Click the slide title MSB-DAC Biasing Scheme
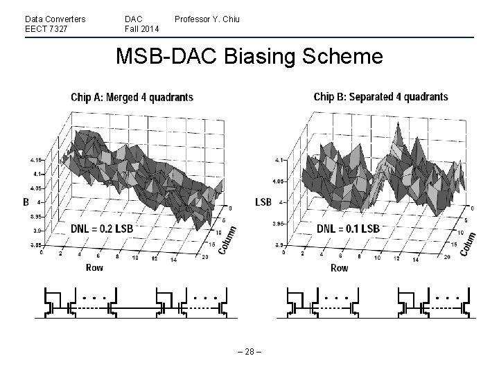[249, 56]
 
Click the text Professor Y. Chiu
[207, 19]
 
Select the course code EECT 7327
[45, 28]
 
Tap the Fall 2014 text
[141, 28]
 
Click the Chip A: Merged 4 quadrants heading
[132, 98]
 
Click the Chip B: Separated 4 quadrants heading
[380, 97]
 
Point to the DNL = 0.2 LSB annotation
[102, 228]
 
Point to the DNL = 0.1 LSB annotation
[348, 228]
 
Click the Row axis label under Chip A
[96, 267]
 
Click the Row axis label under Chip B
[339, 267]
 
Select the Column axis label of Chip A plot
[227, 240]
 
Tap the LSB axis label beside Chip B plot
[263, 202]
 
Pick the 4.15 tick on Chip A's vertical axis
[36, 160]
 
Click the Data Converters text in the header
[55, 19]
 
